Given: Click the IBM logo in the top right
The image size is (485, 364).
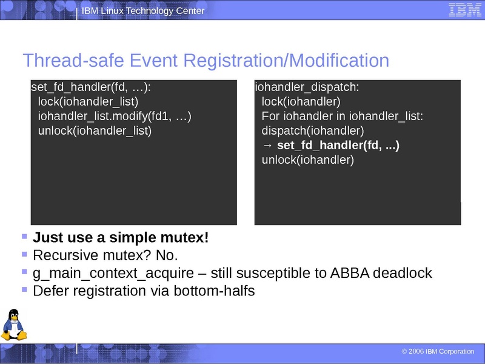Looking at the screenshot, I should point(465,10).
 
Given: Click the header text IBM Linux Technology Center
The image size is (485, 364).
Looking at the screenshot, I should point(142,11).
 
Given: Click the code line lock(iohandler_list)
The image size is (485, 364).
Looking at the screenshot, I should point(88,101).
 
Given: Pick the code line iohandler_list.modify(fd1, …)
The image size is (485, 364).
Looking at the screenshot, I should point(114,116).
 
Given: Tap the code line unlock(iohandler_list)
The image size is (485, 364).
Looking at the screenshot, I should point(94,130).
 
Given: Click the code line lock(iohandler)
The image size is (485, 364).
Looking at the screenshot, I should point(301,101).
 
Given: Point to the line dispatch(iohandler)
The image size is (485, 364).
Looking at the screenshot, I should point(312,130).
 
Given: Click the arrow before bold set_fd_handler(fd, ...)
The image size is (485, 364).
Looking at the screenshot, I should point(267,146).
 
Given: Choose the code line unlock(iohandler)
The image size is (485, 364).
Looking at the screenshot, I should point(307,160).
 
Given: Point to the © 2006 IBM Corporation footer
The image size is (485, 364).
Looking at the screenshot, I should point(438,352).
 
